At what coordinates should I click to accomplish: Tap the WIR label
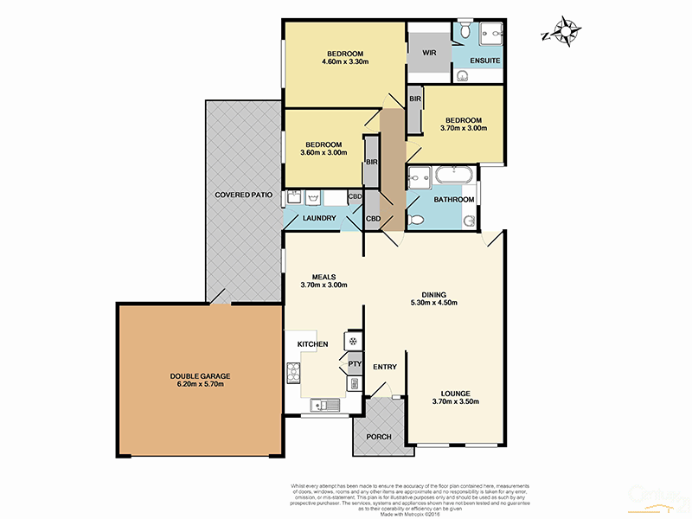pos(429,53)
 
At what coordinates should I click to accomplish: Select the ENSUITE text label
pos(479,61)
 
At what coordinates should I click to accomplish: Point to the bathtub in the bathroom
pos(454,176)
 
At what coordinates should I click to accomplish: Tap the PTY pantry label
pos(354,364)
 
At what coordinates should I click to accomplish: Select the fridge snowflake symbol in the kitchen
pos(353,341)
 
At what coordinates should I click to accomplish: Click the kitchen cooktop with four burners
pos(292,374)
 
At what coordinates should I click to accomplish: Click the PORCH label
pos(378,437)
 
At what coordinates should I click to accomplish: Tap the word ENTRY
pos(384,367)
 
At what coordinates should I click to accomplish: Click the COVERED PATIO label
pos(243,195)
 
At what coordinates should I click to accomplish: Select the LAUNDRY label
pos(318,218)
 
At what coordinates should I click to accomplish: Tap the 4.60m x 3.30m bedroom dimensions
pos(345,61)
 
